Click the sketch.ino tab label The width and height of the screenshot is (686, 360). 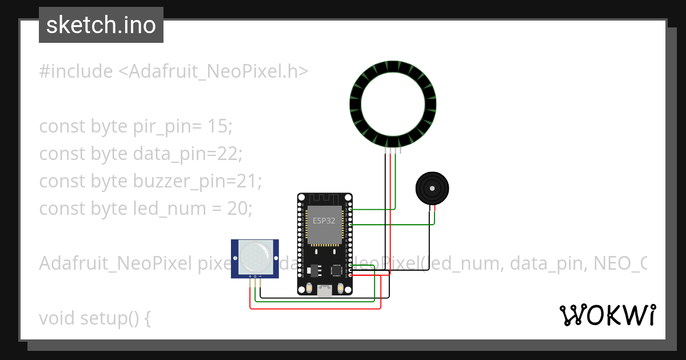(x=101, y=25)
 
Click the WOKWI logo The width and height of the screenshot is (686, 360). (x=607, y=315)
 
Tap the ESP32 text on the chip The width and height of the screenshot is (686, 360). (x=324, y=221)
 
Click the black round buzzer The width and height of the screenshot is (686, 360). (x=432, y=188)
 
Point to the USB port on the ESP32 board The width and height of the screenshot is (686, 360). (x=325, y=291)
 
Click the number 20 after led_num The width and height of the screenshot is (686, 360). (x=238, y=209)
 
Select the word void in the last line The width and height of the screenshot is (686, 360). (x=57, y=318)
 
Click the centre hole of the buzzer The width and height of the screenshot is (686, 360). (x=432, y=188)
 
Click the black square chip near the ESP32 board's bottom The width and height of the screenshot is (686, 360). (x=336, y=269)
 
